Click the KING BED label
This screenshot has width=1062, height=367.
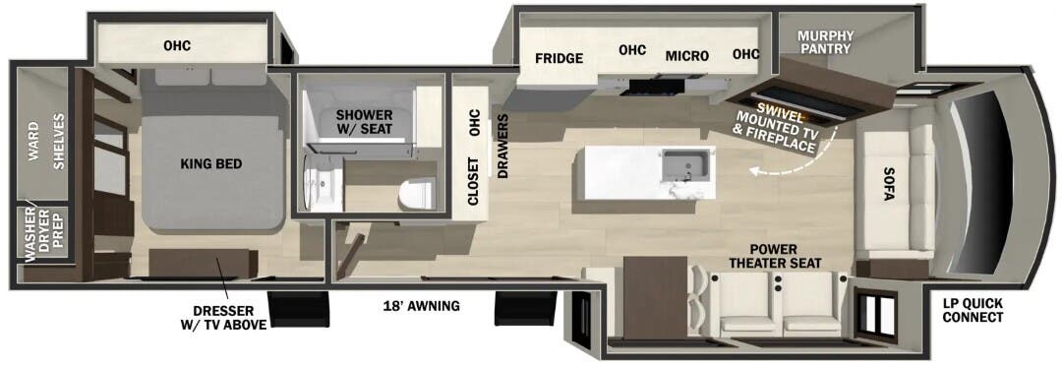[211, 164]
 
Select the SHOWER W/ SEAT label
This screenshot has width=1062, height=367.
[364, 123]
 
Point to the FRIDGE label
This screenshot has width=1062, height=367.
[560, 57]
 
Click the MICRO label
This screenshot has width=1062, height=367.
[686, 56]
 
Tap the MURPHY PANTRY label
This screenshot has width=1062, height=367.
[826, 41]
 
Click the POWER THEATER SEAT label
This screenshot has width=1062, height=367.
[776, 256]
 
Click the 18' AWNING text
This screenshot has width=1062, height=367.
[421, 306]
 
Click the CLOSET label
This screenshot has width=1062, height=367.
[473, 181]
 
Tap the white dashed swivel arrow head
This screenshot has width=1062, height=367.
[751, 171]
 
